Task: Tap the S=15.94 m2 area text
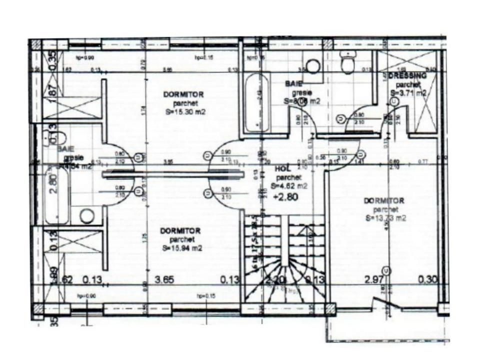tap(182, 248)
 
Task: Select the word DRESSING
tap(407, 76)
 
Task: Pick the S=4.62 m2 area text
tap(288, 186)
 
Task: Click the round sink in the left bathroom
tap(87, 216)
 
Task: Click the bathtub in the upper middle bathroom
tap(256, 103)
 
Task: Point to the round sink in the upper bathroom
tap(313, 67)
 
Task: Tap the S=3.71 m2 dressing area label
tap(408, 93)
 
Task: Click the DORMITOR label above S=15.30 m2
tap(183, 94)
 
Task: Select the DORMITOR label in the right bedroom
tap(384, 201)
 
